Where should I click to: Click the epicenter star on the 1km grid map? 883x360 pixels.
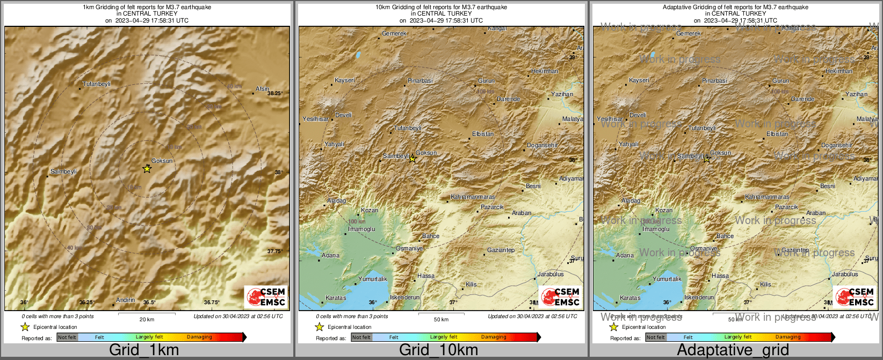click(147, 169)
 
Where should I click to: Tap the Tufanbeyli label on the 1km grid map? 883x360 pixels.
click(97, 84)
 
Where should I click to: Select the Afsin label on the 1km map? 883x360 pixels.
click(262, 89)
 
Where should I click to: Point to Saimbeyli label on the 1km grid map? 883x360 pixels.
click(63, 172)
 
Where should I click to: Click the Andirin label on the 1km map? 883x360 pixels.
click(125, 300)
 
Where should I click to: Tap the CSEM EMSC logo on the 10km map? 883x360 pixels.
click(560, 297)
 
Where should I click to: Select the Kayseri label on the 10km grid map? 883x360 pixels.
click(344, 81)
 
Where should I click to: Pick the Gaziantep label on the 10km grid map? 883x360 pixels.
click(501, 250)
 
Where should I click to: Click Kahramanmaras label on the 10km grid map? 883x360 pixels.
click(473, 197)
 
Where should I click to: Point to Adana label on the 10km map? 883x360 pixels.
click(330, 256)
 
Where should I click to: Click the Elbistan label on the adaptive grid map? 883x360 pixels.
click(777, 134)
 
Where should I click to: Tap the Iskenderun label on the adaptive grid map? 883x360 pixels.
click(699, 298)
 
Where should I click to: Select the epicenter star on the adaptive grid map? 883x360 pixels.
click(707, 159)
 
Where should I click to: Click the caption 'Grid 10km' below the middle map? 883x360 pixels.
click(438, 350)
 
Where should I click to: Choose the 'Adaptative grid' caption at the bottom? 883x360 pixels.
click(733, 350)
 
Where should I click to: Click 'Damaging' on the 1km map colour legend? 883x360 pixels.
click(199, 337)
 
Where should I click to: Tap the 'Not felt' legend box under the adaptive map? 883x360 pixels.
click(656, 337)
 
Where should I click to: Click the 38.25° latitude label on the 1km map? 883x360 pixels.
click(274, 93)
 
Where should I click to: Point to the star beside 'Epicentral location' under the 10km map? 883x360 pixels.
click(319, 327)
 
